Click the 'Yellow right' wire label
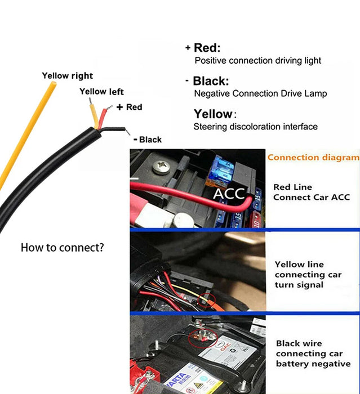point(67,76)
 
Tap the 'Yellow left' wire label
point(101,92)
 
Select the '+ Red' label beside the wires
point(129,107)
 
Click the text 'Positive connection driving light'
point(257,60)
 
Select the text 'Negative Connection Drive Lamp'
point(260,93)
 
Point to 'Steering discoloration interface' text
point(255,127)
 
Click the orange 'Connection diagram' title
point(313,158)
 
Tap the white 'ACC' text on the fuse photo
point(229,194)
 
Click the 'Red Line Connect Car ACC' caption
point(311,192)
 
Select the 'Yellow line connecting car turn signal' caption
point(308,275)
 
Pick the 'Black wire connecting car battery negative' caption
point(313,353)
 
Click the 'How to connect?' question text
point(62,247)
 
